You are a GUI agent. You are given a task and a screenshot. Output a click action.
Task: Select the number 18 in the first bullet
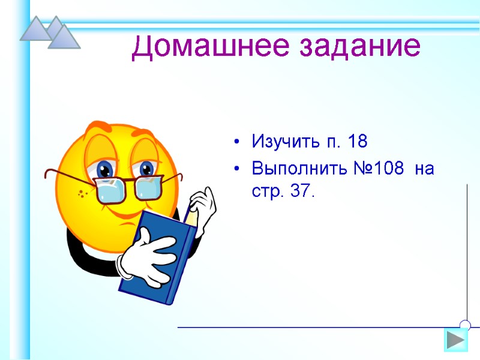tap(357, 143)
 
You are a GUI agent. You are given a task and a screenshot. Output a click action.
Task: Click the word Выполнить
tap(296, 169)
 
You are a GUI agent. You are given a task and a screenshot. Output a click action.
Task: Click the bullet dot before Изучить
tap(238, 143)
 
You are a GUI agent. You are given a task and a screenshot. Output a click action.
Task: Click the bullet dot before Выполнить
tap(238, 169)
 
